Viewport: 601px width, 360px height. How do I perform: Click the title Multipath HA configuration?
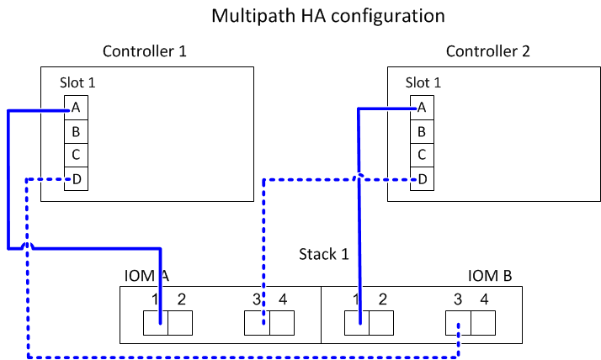coord(327,15)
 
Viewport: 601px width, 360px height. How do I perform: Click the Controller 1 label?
coord(144,51)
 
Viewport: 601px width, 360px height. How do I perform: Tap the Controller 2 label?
coord(488,51)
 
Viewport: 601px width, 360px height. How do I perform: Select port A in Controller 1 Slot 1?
coord(76,108)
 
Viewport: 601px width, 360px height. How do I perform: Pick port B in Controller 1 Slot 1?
coord(76,131)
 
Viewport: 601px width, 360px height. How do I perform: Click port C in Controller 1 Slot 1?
coord(76,155)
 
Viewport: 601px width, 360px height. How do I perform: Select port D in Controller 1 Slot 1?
coord(76,178)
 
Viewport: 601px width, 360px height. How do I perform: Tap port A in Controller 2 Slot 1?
coord(422,108)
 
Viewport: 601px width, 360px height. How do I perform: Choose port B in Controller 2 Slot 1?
coord(422,131)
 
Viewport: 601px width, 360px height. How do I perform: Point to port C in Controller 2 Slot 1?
coord(422,155)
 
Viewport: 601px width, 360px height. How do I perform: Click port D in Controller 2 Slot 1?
coord(422,178)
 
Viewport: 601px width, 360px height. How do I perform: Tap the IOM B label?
coord(490,276)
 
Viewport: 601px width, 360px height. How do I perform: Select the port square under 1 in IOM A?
coord(156,323)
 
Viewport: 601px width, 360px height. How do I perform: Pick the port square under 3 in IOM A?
coord(257,323)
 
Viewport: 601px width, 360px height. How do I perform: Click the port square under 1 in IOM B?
coord(357,323)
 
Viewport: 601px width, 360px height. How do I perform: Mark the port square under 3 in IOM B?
coord(459,323)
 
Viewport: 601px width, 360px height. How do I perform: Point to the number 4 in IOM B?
coord(484,298)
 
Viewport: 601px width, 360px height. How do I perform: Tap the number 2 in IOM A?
coord(181,298)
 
